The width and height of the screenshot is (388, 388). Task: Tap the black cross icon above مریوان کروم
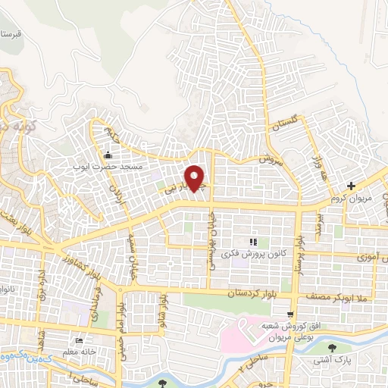coord(351,186)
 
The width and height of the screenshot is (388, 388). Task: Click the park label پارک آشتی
coord(331,361)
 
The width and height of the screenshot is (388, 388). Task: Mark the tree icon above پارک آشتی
coord(331,349)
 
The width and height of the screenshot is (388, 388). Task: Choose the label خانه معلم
coord(79,351)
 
